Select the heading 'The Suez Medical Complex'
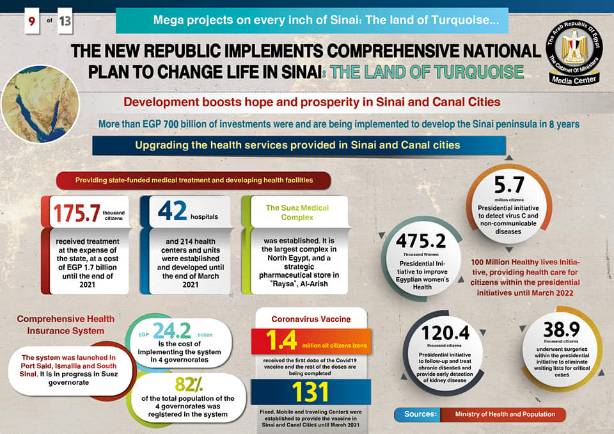297,213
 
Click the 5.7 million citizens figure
508,186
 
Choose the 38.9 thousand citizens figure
561,330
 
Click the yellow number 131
310,392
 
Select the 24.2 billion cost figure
172,331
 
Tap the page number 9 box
30,22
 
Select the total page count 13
65,22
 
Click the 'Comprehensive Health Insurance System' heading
66,325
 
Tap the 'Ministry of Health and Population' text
505,414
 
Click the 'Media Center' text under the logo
574,80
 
